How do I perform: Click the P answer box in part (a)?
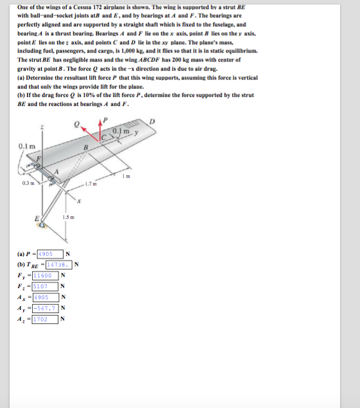click(51, 253)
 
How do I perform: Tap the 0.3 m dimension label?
click(26, 183)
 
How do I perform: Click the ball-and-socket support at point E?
click(43, 224)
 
